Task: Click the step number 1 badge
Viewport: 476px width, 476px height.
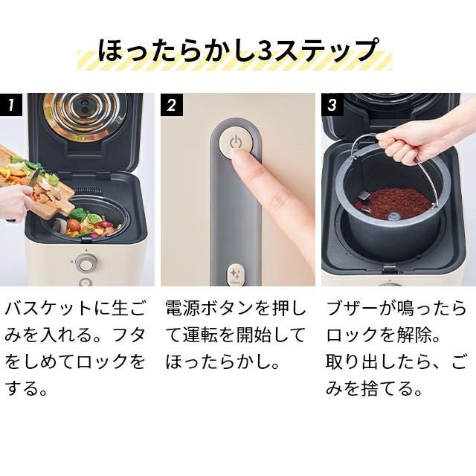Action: [x=11, y=105]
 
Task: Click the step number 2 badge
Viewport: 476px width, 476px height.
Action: [x=172, y=105]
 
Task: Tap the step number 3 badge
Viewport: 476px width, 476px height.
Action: [x=332, y=105]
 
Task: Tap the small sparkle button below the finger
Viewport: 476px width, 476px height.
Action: [x=235, y=275]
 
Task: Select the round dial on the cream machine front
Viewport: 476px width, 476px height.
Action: [x=86, y=263]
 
